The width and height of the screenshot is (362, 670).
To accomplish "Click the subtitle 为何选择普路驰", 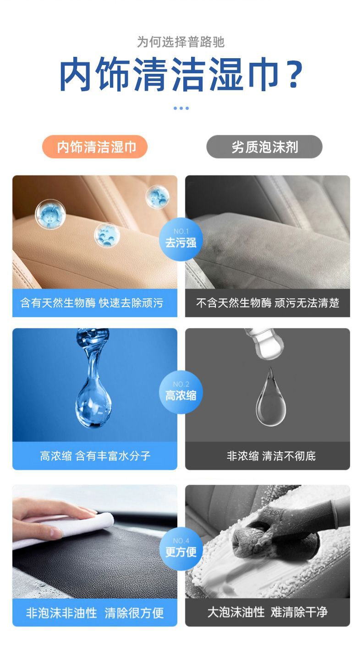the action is (181, 42).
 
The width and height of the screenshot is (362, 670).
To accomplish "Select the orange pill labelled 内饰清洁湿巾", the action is (95, 147).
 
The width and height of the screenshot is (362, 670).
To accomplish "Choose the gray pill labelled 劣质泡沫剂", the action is (264, 147).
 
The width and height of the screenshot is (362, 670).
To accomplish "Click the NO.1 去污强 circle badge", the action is (181, 239).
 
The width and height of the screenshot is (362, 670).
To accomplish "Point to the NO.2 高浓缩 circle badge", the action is (181, 392).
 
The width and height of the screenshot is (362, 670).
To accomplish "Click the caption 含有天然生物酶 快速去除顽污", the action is (92, 303).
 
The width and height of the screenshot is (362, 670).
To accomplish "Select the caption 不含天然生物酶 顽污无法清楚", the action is (268, 303).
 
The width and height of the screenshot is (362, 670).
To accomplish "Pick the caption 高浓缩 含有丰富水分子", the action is (95, 456).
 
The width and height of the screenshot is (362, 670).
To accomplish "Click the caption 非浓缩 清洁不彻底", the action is (271, 456).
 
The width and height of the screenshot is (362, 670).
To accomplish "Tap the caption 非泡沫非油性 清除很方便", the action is (95, 613).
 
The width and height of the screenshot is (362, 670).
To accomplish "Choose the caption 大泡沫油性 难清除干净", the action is (268, 612).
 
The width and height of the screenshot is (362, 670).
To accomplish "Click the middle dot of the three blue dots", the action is (181, 108).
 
